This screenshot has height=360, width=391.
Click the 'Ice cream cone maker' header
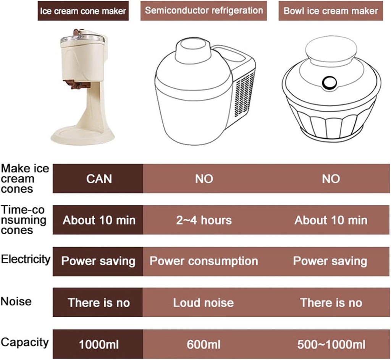point(83,11)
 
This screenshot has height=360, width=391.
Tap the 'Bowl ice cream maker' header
point(331,10)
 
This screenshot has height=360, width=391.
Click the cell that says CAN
point(99,178)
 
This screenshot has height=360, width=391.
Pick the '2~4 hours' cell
point(204,220)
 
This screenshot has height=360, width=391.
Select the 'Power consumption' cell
point(204,261)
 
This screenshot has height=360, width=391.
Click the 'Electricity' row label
point(26,259)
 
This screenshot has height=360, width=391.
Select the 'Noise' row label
point(16,301)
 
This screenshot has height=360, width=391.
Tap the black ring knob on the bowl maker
point(328,82)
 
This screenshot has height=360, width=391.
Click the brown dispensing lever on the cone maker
point(78,83)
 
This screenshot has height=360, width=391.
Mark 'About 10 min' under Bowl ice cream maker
point(331,220)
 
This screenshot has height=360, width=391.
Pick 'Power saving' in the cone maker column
point(99,261)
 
